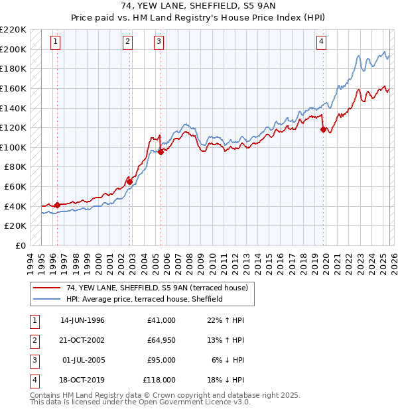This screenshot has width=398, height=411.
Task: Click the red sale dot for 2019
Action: coord(324,130)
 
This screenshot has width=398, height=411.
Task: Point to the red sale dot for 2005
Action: coord(161,152)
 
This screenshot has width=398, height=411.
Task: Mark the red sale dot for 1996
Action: coord(57,205)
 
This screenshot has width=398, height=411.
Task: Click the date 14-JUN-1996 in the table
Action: coord(82,320)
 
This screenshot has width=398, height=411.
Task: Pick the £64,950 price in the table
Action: coord(159,340)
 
